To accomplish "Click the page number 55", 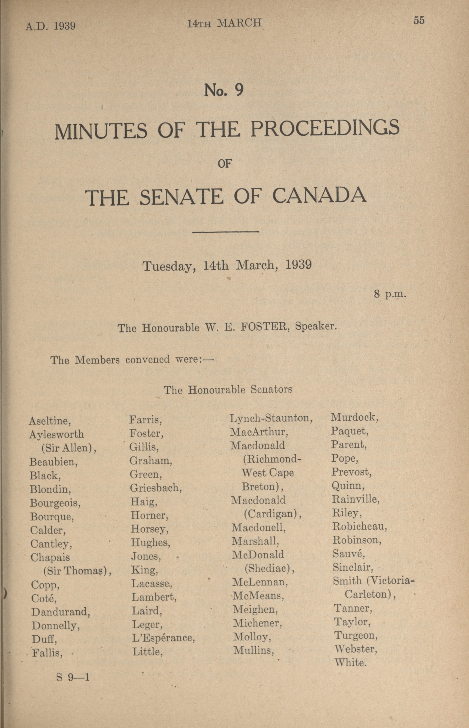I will [419, 21].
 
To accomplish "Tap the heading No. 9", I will [224, 90].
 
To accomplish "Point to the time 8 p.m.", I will [390, 295].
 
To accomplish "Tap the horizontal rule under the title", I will [226, 232].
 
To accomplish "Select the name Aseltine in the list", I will [50, 421].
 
